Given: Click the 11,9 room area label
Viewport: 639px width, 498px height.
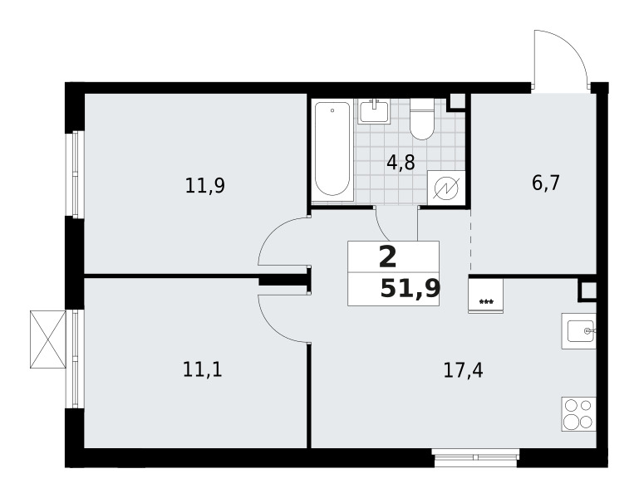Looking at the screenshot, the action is click(205, 186).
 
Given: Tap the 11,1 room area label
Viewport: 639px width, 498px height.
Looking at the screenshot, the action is click(203, 370).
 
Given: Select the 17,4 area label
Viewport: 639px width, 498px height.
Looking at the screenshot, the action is click(464, 371).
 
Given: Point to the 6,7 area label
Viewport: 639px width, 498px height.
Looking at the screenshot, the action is click(546, 183).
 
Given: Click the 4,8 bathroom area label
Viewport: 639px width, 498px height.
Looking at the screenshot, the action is click(401, 163).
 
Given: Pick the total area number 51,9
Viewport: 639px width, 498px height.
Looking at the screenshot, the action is click(410, 289).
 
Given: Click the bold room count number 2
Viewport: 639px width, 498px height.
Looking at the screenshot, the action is click(387, 257).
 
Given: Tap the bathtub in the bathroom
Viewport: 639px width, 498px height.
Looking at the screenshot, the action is click(332, 150).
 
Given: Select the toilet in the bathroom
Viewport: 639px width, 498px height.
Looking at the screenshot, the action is click(423, 120).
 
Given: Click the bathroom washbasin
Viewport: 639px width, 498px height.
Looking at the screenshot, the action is click(374, 111).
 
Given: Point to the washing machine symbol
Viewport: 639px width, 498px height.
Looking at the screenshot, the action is click(446, 188).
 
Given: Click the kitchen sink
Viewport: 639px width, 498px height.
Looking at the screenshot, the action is click(578, 330).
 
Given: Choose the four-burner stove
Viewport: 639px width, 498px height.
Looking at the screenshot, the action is click(578, 413).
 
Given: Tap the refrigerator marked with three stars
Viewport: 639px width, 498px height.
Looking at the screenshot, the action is click(486, 296).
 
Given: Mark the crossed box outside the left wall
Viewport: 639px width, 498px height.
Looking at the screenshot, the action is click(48, 339).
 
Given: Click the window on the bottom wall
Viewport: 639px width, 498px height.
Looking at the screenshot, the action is click(475, 457).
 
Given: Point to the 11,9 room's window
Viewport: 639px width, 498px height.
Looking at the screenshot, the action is click(76, 174).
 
